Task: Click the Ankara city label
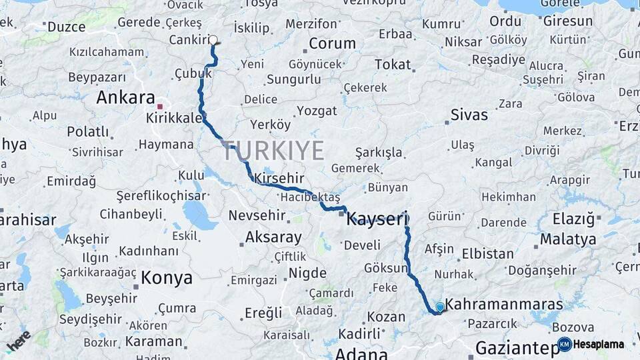[x=125, y=98]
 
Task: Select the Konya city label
[x=166, y=278]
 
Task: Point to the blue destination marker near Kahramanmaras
[x=439, y=307]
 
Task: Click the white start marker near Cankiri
[x=213, y=40]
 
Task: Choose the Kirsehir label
[x=279, y=179]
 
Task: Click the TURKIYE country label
[x=273, y=151]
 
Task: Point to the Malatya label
[x=568, y=239]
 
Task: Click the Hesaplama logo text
[x=599, y=345]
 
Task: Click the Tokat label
[x=393, y=64]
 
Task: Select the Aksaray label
[x=273, y=237]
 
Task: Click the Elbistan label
[x=493, y=253]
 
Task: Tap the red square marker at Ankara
[x=159, y=106]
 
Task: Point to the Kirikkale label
[x=174, y=117]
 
